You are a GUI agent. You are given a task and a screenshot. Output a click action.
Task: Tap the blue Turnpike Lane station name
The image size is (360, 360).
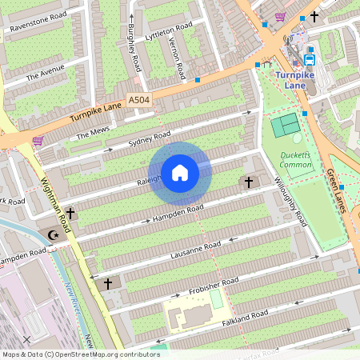click(298, 78)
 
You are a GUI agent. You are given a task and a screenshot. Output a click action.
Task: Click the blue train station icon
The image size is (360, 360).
click(309, 58)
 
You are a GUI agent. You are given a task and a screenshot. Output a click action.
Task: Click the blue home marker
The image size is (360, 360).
click(180, 172)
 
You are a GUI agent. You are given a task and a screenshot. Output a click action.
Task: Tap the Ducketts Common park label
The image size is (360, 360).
click(296, 159)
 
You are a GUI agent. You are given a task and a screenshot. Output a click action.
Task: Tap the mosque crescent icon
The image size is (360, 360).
click(54, 235)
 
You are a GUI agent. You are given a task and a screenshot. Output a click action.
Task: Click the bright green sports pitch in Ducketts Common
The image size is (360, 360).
click(282, 126)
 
